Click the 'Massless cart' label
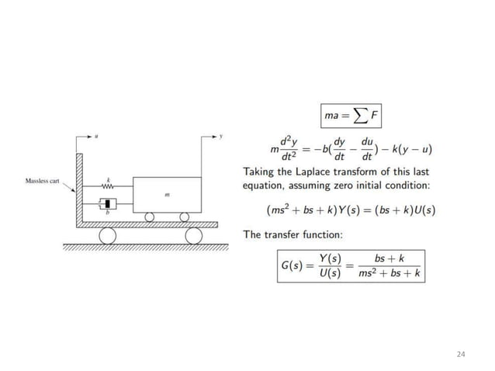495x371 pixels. point(42,181)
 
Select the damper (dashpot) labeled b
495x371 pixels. point(109,205)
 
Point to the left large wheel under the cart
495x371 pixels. point(106,234)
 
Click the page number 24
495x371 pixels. point(462,354)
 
